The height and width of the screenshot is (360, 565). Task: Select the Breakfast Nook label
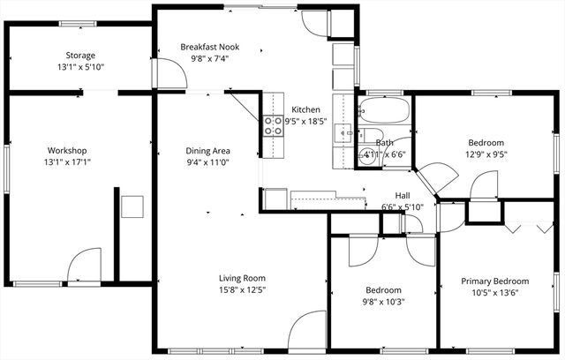(209, 46)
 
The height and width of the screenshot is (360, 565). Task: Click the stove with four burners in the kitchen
(272, 126)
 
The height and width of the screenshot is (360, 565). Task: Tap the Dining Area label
(208, 150)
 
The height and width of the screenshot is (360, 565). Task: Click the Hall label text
(403, 196)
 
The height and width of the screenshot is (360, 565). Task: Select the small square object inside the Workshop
(133, 206)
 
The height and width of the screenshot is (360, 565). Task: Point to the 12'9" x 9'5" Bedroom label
(486, 143)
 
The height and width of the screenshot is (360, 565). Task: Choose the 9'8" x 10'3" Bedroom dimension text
(383, 302)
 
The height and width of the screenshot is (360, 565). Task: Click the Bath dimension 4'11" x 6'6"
(385, 154)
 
